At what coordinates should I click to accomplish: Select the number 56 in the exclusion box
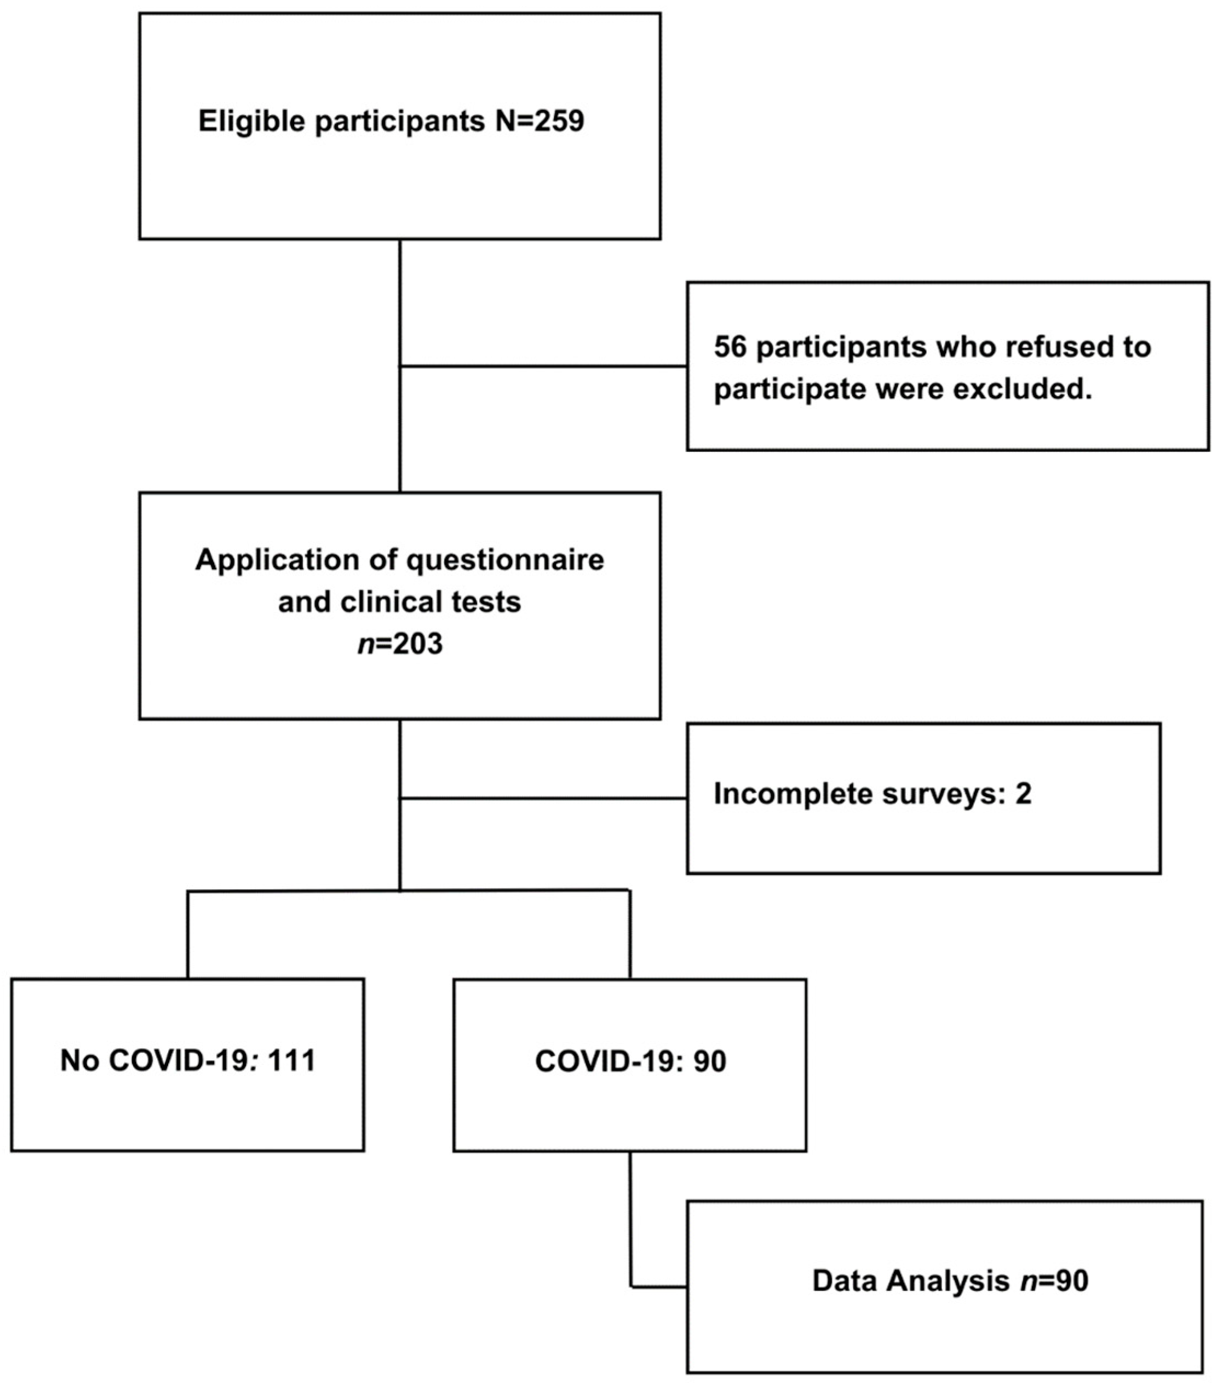[x=730, y=347]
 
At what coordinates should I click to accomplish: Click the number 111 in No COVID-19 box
[x=291, y=1061]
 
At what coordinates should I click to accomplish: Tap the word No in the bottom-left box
[x=80, y=1061]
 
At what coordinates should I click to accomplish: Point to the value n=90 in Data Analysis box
[x=1054, y=1281]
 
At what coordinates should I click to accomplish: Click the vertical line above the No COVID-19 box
[x=188, y=934]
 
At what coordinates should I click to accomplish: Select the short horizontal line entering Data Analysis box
[x=659, y=1286]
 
